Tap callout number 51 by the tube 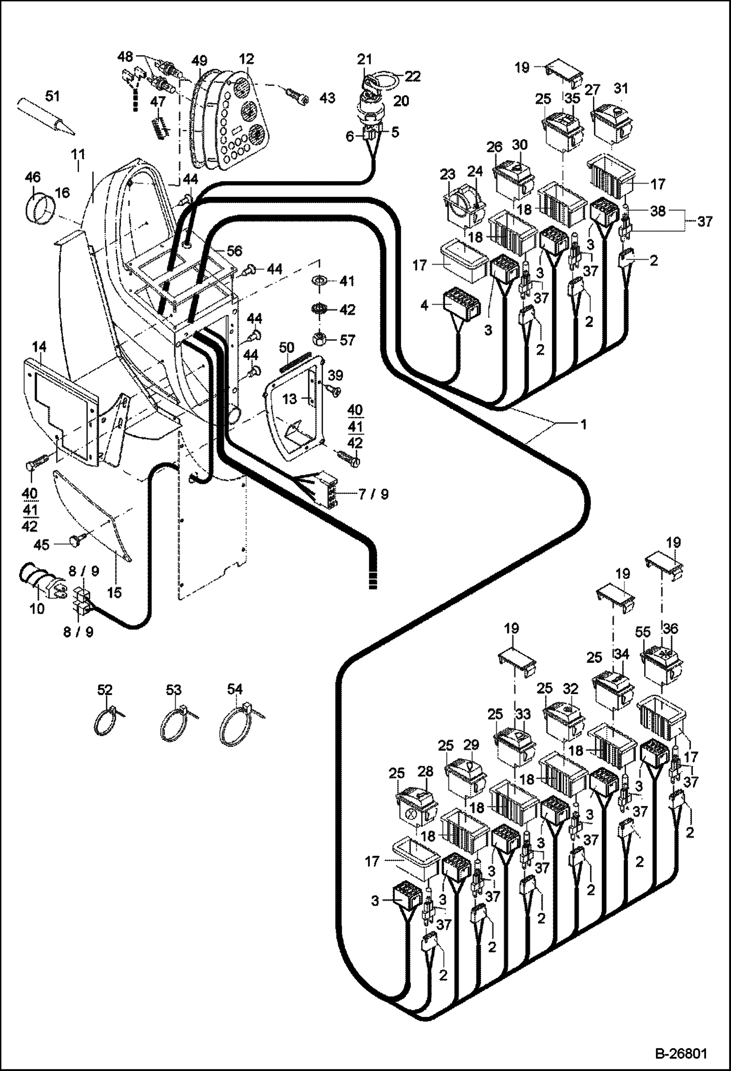pyautogui.click(x=52, y=96)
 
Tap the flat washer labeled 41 pyautogui.click(x=319, y=282)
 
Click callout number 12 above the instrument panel pyautogui.click(x=246, y=59)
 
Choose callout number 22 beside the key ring pyautogui.click(x=412, y=76)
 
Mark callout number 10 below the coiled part pyautogui.click(x=37, y=609)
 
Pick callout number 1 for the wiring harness pyautogui.click(x=583, y=425)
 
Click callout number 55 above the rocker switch pyautogui.click(x=643, y=632)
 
